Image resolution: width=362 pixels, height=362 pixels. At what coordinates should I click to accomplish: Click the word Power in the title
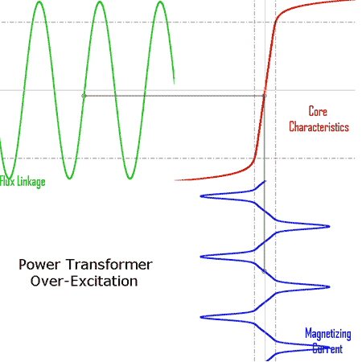click(x=39, y=265)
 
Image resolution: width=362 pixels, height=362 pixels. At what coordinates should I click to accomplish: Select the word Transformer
click(x=109, y=265)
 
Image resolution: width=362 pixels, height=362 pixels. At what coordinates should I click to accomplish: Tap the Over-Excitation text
click(x=84, y=282)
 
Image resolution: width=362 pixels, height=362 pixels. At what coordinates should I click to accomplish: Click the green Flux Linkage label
click(x=23, y=182)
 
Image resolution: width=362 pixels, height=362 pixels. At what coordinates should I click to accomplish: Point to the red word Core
click(x=318, y=111)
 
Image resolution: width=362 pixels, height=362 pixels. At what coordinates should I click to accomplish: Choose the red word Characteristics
click(x=319, y=127)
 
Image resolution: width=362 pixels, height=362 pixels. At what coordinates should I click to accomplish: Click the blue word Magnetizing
click(x=328, y=334)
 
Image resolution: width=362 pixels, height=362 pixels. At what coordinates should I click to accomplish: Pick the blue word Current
click(x=327, y=349)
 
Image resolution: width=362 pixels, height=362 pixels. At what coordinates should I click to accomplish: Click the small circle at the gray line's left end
click(x=84, y=96)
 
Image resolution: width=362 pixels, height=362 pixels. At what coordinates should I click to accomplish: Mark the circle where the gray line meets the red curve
click(x=264, y=96)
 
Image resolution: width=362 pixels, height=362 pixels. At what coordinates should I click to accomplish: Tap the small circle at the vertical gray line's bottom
click(x=264, y=271)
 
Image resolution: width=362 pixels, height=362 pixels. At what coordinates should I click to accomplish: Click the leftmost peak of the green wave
click(x=39, y=2)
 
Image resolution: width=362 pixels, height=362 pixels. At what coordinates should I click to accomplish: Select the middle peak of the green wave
click(x=100, y=2)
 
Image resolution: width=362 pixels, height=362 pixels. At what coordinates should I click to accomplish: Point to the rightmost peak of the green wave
click(x=160, y=2)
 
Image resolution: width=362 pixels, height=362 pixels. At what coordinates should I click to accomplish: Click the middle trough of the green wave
click(x=69, y=178)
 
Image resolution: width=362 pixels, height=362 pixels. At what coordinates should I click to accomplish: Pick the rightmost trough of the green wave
click(x=130, y=178)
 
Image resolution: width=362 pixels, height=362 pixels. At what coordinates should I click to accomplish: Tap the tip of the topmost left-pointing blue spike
click(x=201, y=196)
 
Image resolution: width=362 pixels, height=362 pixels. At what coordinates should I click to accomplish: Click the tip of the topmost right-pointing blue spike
click(x=329, y=227)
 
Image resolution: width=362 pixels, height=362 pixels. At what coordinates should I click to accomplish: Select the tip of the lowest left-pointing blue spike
click(x=201, y=318)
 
